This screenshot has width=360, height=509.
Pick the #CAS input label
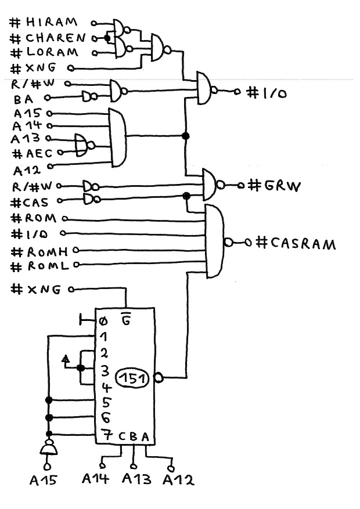tap(35, 201)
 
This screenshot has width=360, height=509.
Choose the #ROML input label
tap(40, 266)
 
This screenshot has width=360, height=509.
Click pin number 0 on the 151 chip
tap(103, 321)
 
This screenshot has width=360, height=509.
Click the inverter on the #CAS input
tap(89, 200)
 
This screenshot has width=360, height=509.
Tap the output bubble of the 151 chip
tap(158, 379)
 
